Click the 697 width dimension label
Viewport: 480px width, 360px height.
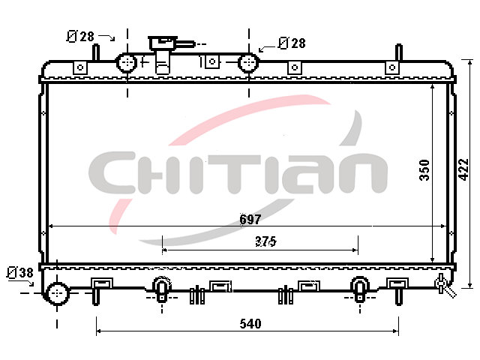[x=250, y=219]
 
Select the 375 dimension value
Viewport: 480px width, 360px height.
[x=265, y=241]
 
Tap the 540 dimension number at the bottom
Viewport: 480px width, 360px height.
[x=250, y=323]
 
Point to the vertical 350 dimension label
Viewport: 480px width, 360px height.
[x=424, y=170]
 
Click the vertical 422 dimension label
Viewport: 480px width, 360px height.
[x=464, y=169]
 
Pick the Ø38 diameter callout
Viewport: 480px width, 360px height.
[x=20, y=272]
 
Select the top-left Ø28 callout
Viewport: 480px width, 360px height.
[x=80, y=37]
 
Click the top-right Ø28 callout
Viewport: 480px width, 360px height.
[x=292, y=43]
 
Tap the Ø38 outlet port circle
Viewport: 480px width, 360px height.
[x=57, y=293]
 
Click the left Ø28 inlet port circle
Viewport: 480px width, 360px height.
[x=127, y=63]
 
